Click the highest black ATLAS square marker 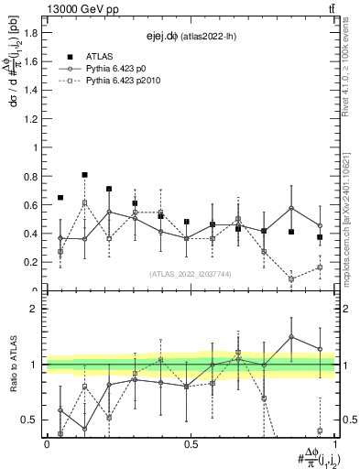coord(85,174)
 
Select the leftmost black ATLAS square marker coord(60,197)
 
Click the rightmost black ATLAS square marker coord(320,237)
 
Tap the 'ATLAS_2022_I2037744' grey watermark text coord(190,273)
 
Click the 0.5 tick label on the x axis coord(191,444)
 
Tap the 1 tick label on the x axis coord(334,444)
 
